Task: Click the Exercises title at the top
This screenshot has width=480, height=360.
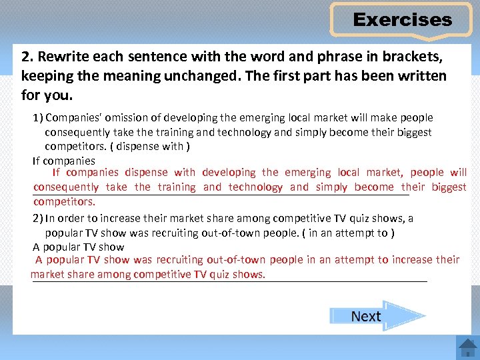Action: (x=402, y=20)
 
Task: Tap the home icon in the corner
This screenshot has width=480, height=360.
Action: (x=467, y=347)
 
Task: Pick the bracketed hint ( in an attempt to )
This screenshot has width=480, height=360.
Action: (x=349, y=233)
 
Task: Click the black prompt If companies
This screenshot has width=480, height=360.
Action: (x=64, y=161)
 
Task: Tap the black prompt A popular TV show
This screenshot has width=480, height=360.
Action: (x=78, y=247)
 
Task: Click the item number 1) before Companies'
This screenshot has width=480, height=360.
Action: (x=38, y=118)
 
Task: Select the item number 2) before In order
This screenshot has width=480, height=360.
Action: (x=38, y=219)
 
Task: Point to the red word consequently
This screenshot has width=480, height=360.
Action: (x=66, y=187)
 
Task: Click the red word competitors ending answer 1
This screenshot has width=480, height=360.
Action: (x=64, y=201)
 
